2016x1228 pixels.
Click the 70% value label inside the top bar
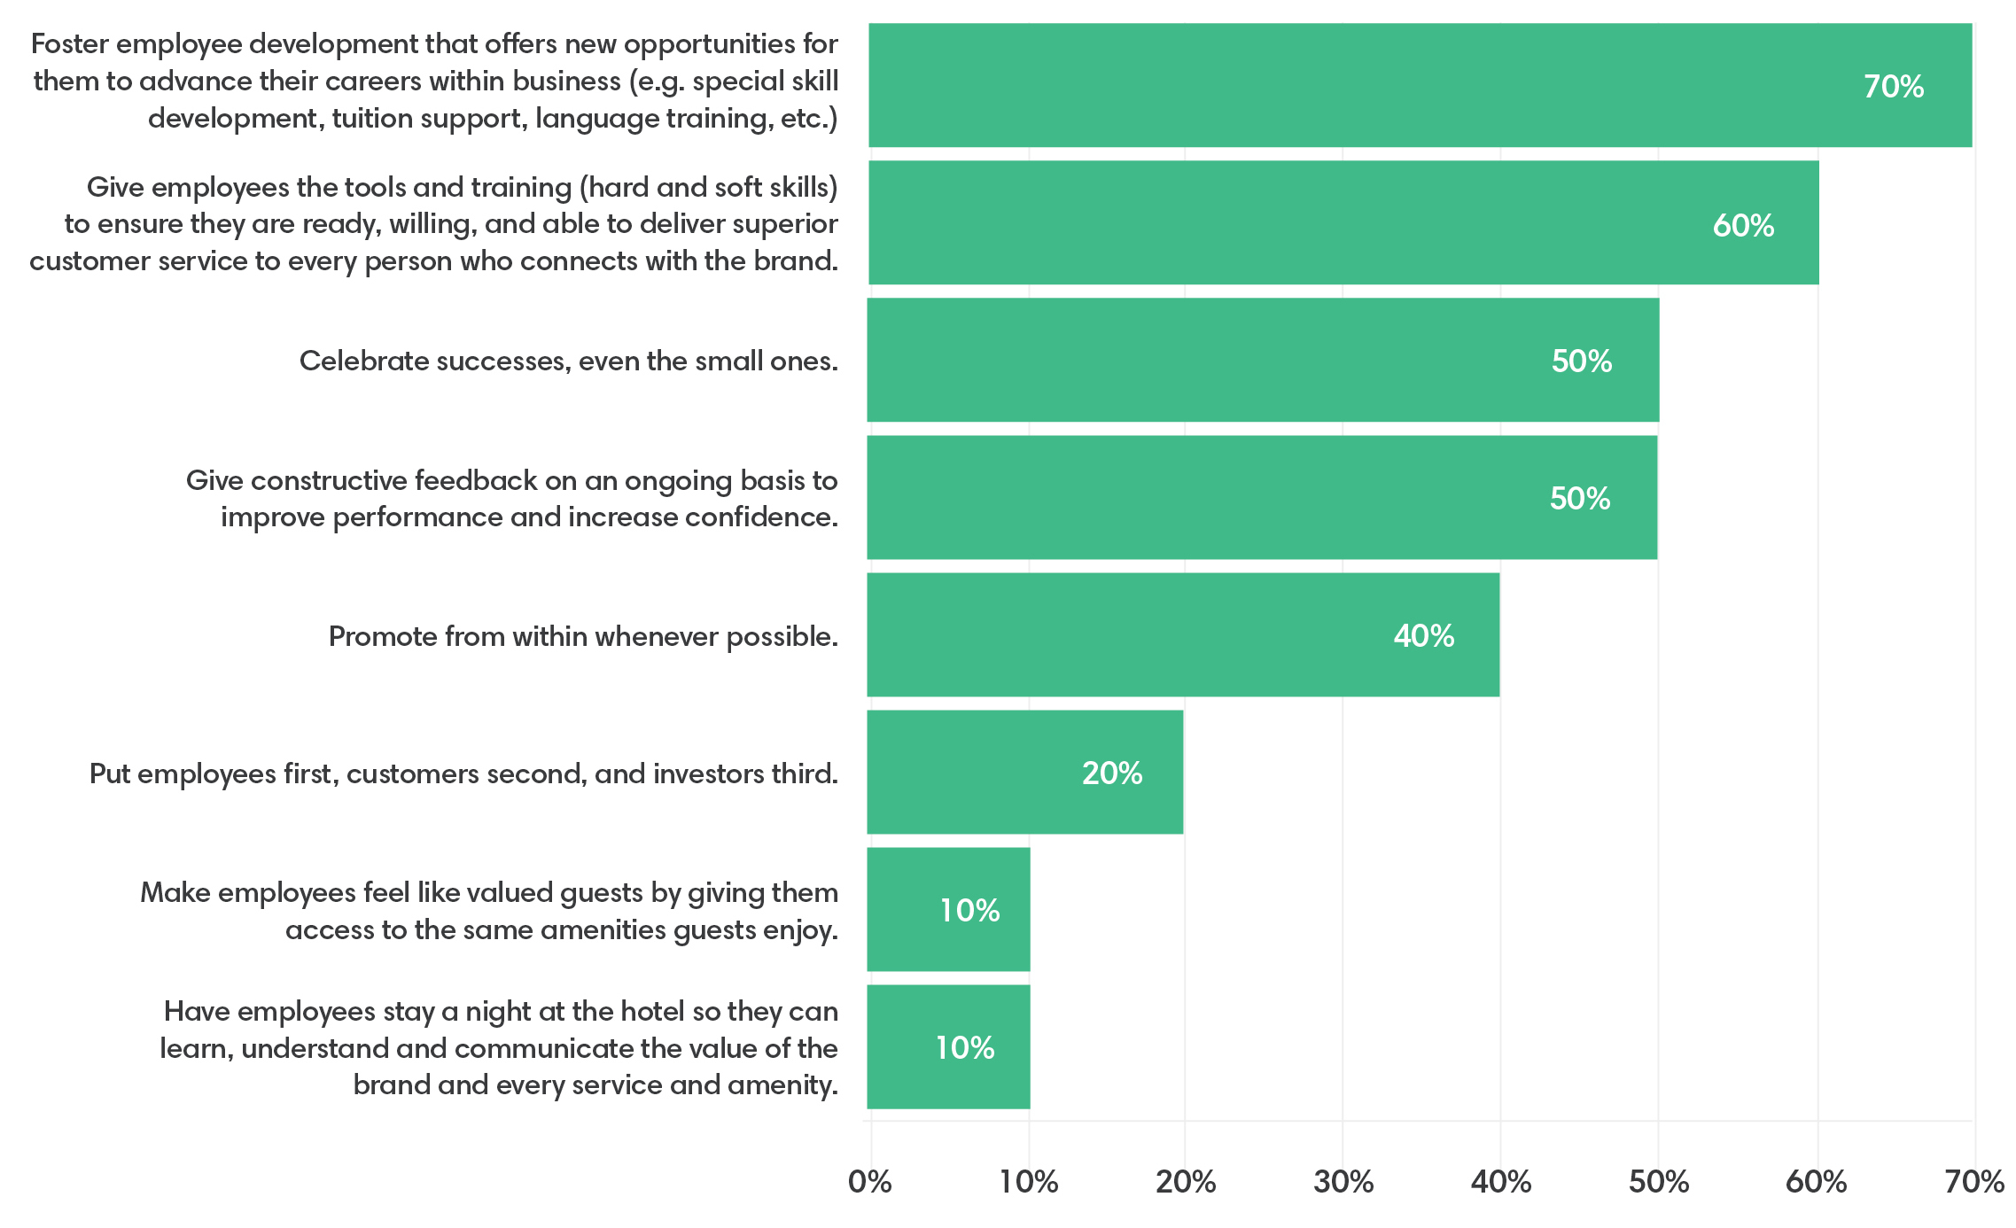1893,87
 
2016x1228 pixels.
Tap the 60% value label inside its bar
1742,226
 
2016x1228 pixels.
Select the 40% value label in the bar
1423,636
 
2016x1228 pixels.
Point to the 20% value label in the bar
1111,773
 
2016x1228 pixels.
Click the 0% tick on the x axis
869,1182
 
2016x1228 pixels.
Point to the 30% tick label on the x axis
1343,1182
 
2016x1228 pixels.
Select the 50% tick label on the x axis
1658,1182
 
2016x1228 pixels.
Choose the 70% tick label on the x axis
1973,1182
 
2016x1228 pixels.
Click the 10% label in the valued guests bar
969,911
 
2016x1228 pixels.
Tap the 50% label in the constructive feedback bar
1579,499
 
